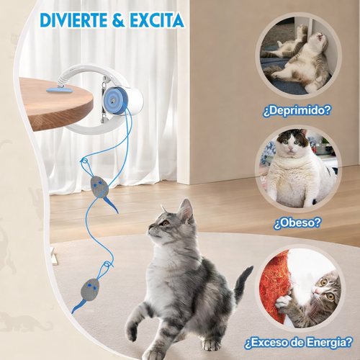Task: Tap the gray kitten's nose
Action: [x=152, y=231]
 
